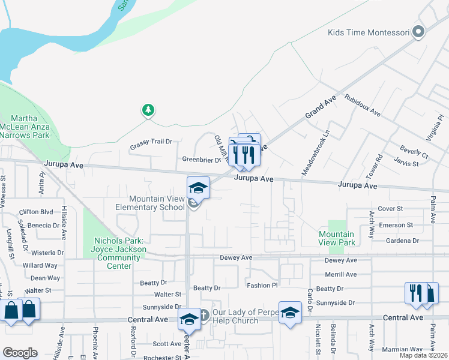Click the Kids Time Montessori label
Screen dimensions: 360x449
click(x=369, y=32)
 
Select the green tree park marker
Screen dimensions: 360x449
click(x=148, y=110)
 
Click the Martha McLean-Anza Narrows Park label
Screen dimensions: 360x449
click(x=34, y=126)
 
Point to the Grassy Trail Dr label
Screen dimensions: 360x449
click(x=151, y=142)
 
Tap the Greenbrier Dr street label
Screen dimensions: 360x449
click(x=202, y=160)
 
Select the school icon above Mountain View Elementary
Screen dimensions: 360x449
click(x=198, y=188)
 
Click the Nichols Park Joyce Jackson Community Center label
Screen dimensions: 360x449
click(x=120, y=249)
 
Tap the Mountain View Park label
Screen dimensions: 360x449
click(x=337, y=238)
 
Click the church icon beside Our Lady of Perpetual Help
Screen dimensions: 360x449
click(x=203, y=314)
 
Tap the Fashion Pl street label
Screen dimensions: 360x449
click(x=262, y=286)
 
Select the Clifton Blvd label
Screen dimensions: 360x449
click(x=37, y=212)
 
